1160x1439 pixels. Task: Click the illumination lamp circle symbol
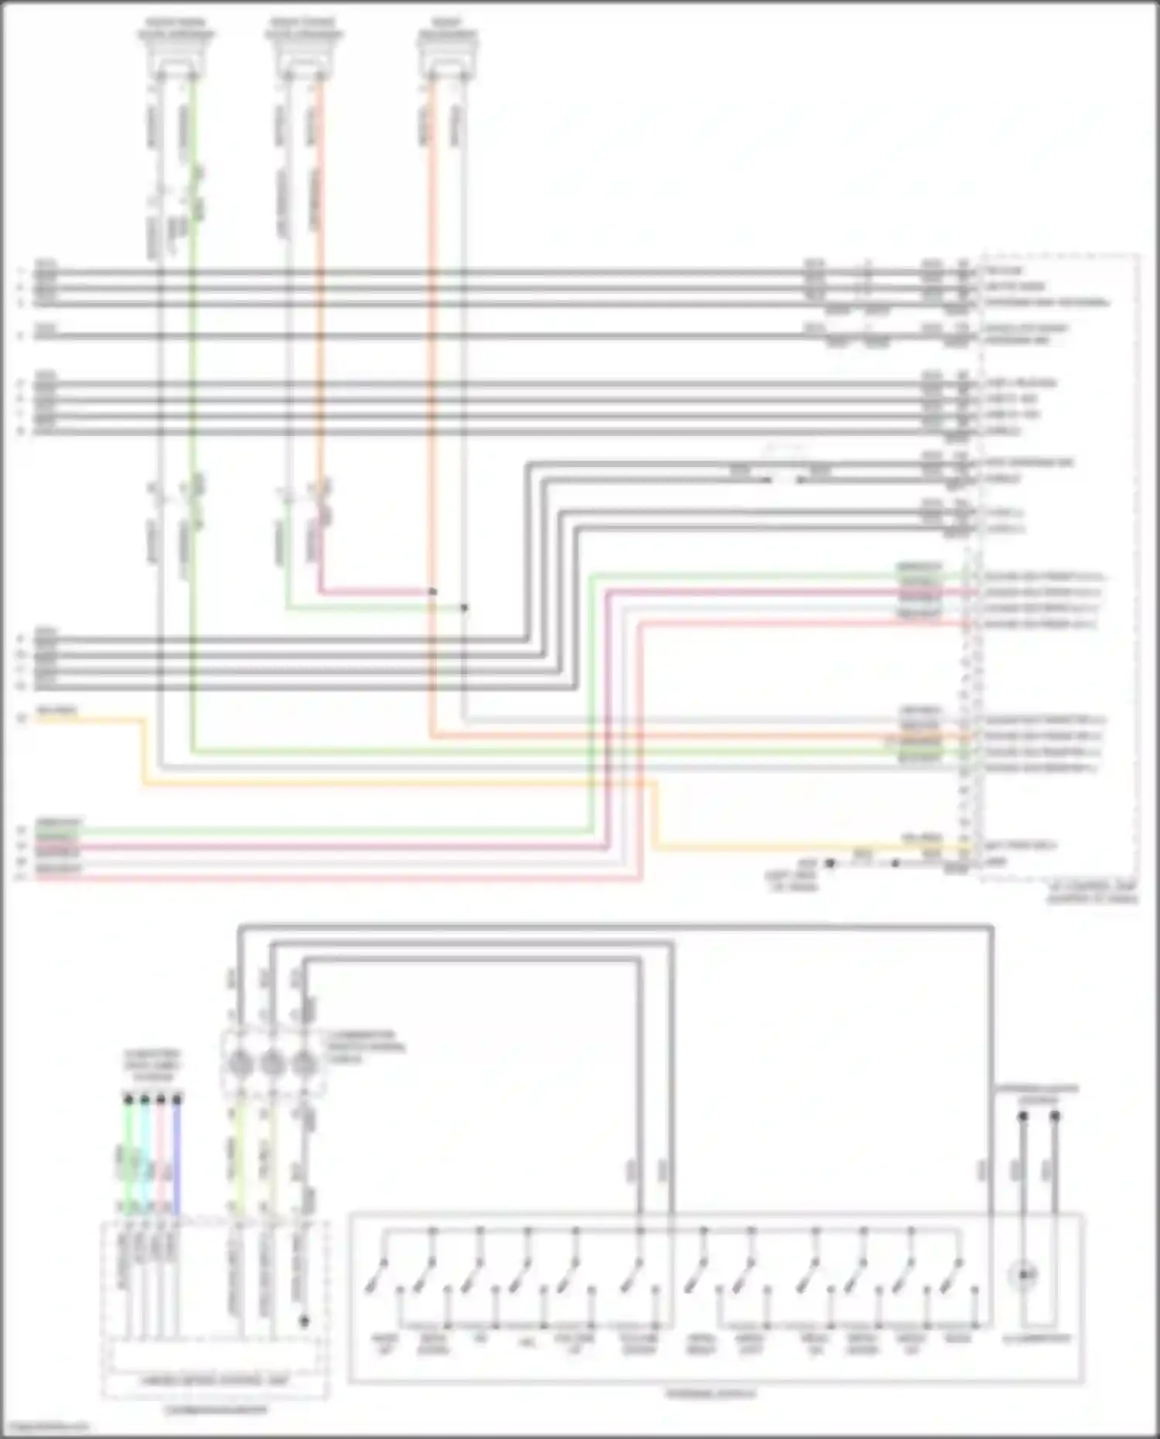click(1025, 1274)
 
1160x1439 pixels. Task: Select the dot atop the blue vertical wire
click(177, 1098)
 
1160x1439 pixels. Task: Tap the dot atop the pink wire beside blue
click(161, 1098)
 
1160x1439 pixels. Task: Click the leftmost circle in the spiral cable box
click(239, 1064)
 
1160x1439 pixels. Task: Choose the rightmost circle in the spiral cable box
click(304, 1064)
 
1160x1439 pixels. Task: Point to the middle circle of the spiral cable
click(271, 1064)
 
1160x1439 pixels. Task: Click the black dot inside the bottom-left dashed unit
click(304, 1321)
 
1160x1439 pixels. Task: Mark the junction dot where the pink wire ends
click(432, 592)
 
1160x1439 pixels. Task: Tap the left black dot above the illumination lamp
click(1022, 1116)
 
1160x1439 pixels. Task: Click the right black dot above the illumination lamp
click(1055, 1116)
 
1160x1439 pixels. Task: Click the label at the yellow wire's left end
click(56, 711)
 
